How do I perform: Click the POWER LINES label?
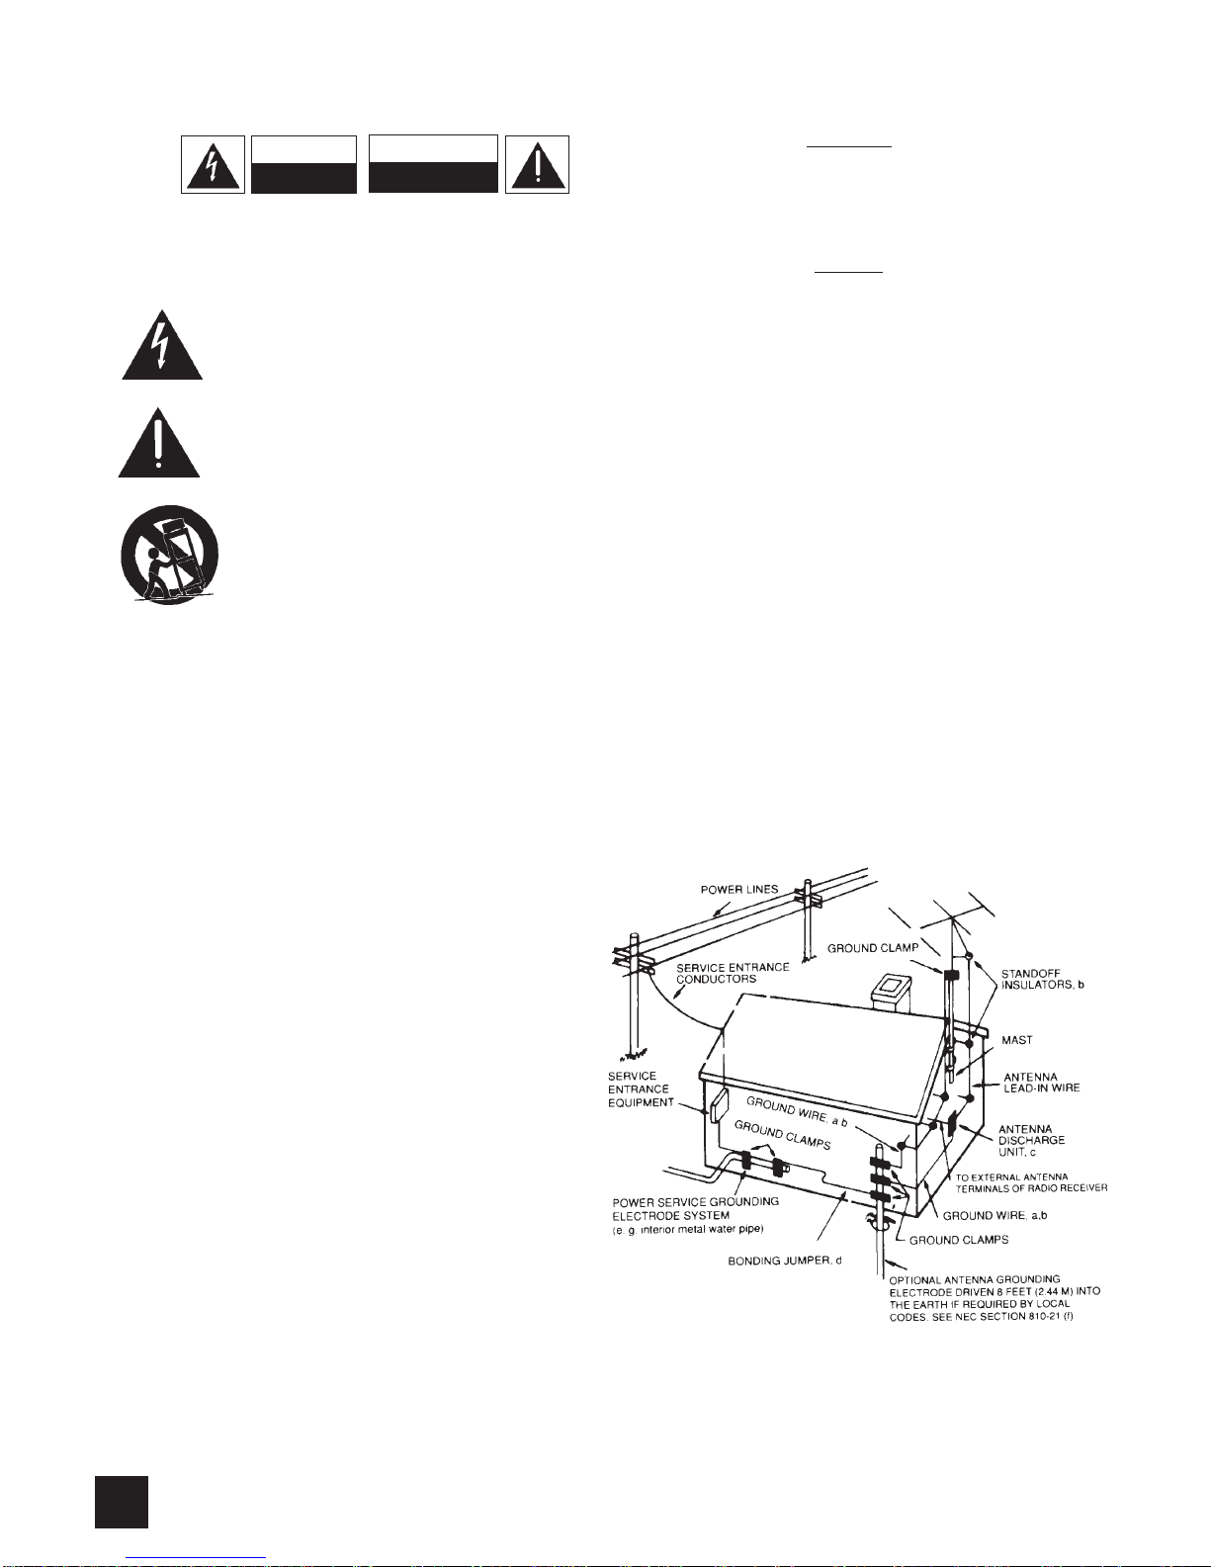[x=738, y=889]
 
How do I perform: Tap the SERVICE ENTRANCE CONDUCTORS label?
[x=733, y=973]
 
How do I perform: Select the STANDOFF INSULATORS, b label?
[x=1042, y=979]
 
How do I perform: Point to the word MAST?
[x=1016, y=1040]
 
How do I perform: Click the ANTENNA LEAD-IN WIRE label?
[x=1042, y=1083]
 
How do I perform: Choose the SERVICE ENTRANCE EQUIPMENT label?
[x=641, y=1088]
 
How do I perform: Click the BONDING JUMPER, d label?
[x=784, y=1261]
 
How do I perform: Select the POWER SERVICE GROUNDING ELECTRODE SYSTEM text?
[x=696, y=1208]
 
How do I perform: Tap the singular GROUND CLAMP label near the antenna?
[x=873, y=947]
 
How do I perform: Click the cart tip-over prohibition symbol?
[x=169, y=555]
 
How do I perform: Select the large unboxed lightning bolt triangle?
[x=162, y=345]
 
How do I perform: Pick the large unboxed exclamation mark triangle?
[x=159, y=443]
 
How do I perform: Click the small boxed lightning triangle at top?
[x=213, y=164]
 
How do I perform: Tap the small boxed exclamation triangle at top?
[x=537, y=164]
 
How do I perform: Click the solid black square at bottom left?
[x=122, y=1502]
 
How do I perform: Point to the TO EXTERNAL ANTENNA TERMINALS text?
[x=1031, y=1181]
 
